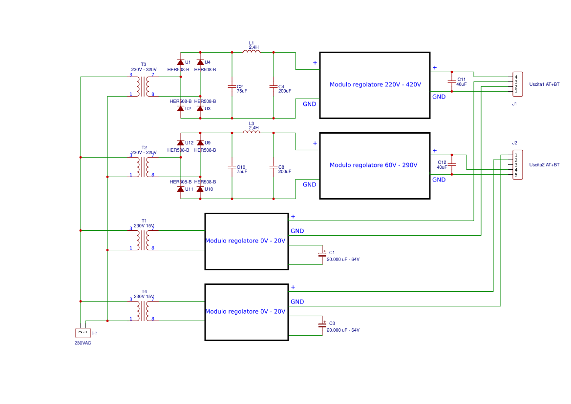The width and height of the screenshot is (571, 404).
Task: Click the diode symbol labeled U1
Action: (180, 62)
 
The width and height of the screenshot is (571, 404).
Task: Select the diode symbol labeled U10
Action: (200, 189)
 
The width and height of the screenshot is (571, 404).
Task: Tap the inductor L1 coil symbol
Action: (252, 52)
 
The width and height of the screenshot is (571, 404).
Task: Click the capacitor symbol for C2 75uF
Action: (232, 86)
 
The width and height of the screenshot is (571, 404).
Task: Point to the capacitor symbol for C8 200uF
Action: (273, 167)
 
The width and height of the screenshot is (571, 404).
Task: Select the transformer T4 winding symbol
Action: (144, 311)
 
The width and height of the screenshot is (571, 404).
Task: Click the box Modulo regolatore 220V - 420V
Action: (375, 85)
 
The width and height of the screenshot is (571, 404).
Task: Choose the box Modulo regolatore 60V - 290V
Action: (375, 165)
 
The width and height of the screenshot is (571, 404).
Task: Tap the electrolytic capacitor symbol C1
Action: (322, 254)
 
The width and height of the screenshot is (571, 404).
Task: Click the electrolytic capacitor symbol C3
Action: (322, 325)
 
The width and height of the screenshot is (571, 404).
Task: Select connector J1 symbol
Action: (517, 84)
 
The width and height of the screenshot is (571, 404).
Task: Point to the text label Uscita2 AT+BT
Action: (544, 165)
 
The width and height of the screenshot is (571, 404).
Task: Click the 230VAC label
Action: (83, 343)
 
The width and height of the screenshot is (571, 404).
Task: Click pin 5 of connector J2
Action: (516, 175)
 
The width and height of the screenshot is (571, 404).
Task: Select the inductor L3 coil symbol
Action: (252, 132)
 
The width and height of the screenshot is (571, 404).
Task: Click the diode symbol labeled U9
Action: (200, 143)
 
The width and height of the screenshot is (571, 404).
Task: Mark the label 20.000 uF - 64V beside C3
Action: (343, 330)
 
